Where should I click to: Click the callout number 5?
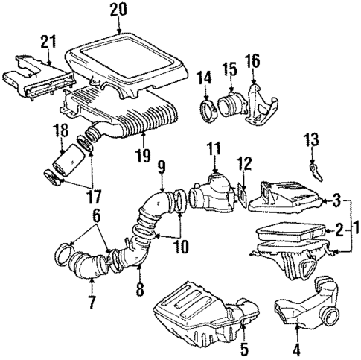click(x=243, y=347)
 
